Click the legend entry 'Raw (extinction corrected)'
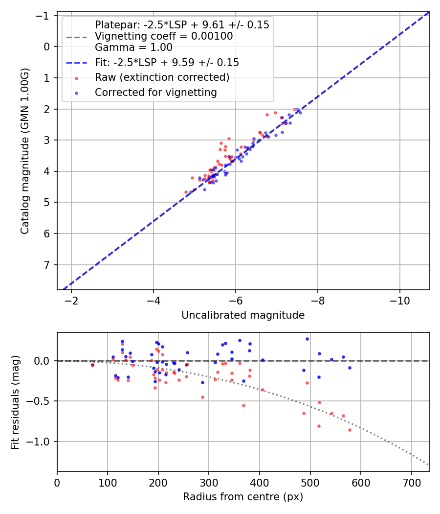(x=162, y=77)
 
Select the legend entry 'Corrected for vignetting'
(x=156, y=92)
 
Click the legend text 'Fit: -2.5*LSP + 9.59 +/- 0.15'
(x=167, y=63)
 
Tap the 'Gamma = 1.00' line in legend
(x=133, y=47)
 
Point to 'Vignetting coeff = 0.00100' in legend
(x=164, y=36)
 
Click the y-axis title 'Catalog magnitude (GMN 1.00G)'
(x=25, y=151)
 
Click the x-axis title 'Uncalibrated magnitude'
(x=243, y=315)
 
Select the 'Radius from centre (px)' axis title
(x=243, y=497)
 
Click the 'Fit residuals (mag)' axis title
(x=15, y=402)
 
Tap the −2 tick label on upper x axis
(x=71, y=300)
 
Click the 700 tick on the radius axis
(x=411, y=482)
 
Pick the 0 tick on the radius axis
(x=57, y=482)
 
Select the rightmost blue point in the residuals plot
(x=350, y=368)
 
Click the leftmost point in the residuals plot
(x=92, y=365)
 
